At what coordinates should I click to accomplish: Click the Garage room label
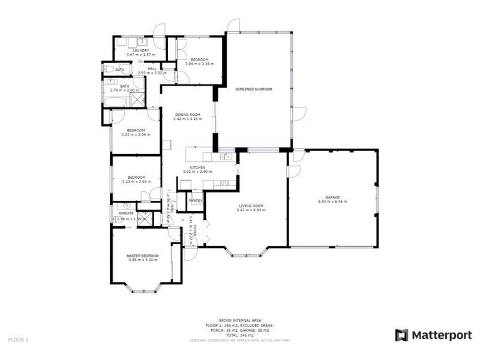coord(332,197)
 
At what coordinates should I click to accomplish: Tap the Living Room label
coord(250,206)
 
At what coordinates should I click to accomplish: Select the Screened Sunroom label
coord(254,89)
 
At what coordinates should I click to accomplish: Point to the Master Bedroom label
coord(142,256)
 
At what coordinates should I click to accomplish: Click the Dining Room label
coord(187,115)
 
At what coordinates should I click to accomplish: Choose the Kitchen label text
coord(198,167)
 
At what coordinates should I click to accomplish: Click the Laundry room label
coord(133,50)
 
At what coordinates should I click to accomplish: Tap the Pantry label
coord(196,200)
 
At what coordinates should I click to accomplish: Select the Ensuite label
coord(126,213)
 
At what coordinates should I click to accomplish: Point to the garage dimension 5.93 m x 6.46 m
coord(332,202)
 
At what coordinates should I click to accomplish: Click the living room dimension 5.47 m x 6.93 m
coord(250,210)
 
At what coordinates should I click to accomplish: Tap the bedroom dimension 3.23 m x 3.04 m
coord(136,134)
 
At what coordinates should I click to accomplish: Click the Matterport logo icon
coord(401,335)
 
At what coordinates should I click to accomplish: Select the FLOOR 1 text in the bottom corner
coord(18,340)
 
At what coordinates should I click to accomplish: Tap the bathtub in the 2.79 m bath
coord(115,101)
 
